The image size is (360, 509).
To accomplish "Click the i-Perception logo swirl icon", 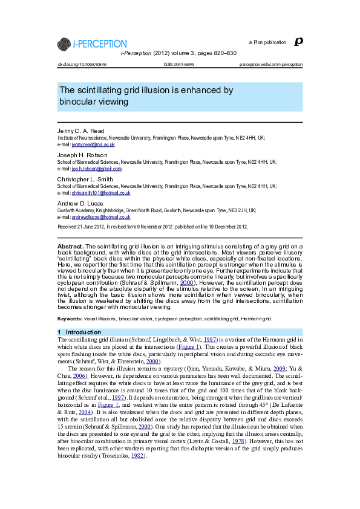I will [64, 44].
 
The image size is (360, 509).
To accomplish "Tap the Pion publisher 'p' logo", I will [297, 42].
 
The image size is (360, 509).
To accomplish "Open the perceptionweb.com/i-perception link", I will [271, 64].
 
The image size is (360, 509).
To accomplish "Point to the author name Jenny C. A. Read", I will [81, 131].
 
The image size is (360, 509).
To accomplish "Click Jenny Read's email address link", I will [93, 145].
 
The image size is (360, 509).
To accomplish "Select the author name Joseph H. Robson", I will [82, 155].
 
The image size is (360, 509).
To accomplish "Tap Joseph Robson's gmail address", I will [97, 169].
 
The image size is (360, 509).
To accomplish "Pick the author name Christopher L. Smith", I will [85, 179].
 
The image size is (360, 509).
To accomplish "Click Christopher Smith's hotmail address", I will [101, 193].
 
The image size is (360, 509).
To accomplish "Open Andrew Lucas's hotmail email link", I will [101, 217].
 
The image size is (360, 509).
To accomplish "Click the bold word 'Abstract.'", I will [70, 247].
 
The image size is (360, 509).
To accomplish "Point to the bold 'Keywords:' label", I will [70, 319].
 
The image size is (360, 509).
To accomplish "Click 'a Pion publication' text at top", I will [267, 42].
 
